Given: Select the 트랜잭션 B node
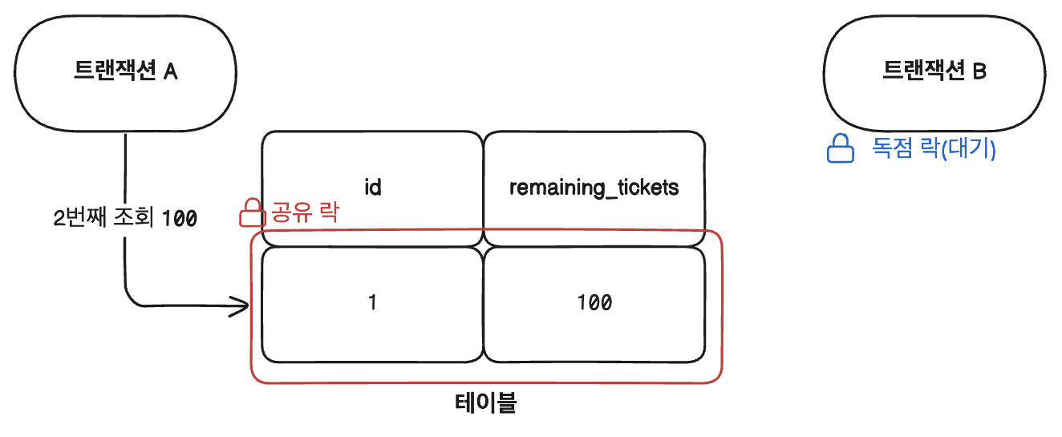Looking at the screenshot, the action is pos(934,72).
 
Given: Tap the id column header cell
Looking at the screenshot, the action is pos(371,186).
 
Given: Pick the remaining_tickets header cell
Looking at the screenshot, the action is pos(594,186).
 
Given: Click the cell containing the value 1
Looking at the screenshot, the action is pos(371,303).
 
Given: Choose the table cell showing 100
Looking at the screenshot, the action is pos(594,303).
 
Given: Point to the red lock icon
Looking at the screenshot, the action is pos(252,213).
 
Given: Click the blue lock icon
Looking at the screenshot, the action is pos(840,149).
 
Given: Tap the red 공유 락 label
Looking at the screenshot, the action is pos(305,213).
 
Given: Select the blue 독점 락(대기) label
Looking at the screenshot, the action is pos(934,149).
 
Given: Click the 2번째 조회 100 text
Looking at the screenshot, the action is pos(124,217).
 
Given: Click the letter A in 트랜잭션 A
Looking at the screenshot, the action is pos(170,72).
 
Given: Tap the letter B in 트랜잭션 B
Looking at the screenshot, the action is pos(979,72).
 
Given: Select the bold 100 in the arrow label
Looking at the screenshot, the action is pos(180,217).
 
